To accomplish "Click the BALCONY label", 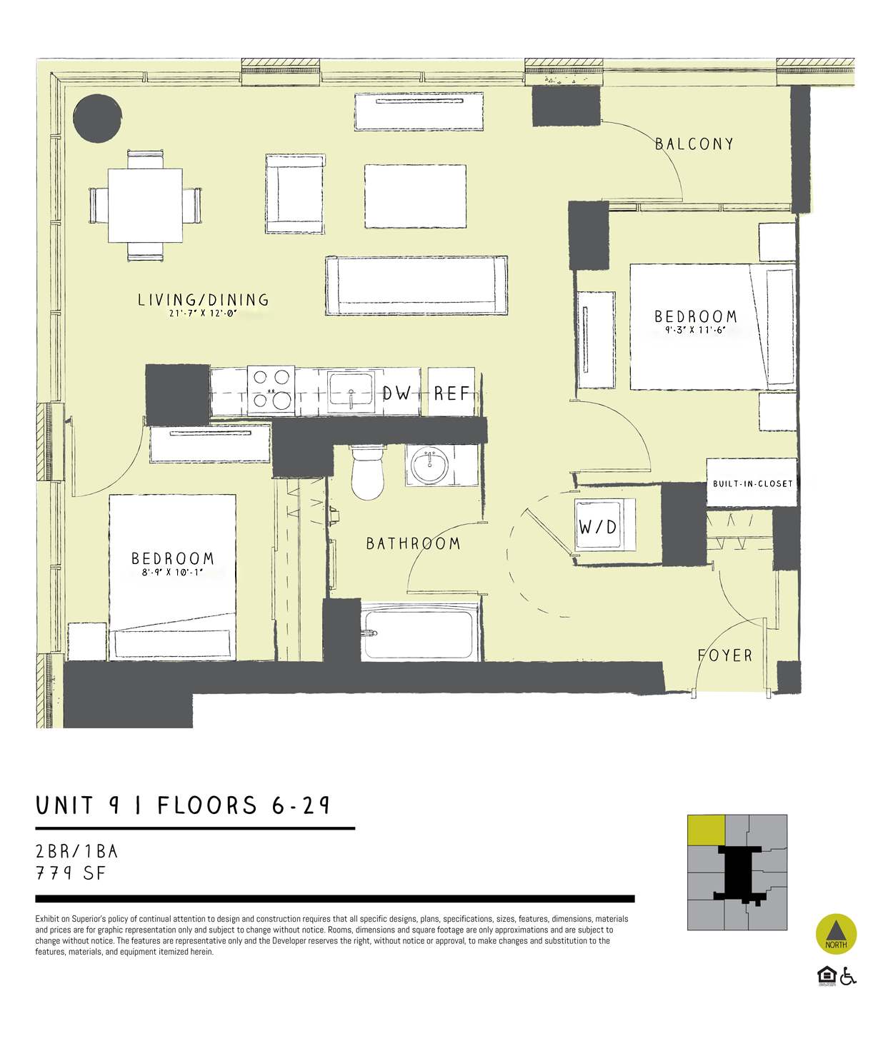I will pos(694,144).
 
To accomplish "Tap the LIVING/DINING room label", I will pos(204,300).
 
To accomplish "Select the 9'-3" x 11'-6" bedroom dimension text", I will pos(695,330).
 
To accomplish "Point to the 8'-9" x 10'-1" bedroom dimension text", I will pos(172,572).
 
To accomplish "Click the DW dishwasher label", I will pos(396,393).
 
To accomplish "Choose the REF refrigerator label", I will pos(452,393).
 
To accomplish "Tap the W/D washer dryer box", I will pos(599,527).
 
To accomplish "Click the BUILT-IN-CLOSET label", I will pos(752,483).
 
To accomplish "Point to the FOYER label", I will pos(725,655).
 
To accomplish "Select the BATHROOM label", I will pos(413,544).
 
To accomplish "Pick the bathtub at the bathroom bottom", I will pos(419,633).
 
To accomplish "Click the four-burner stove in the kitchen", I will pos(271,391).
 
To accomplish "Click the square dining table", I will pos(146,206).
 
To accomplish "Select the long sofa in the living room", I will pos(416,286).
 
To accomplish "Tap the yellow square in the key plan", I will pos(706,830).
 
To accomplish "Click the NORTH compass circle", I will pos(836,933).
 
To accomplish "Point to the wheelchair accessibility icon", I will pos(848,976).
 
